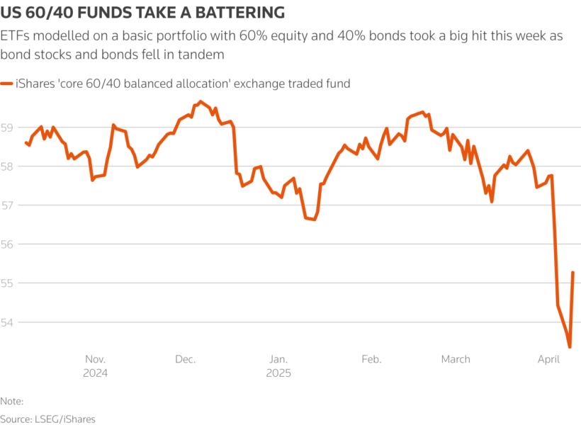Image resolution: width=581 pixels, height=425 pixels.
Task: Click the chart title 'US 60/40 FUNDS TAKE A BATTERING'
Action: [144, 12]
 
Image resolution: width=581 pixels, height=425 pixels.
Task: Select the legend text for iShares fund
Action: [183, 84]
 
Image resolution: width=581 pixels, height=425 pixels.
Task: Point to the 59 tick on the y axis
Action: [8, 127]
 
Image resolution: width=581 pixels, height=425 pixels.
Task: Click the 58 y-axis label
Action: [8, 166]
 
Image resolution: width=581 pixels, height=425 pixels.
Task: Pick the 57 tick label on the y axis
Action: [8, 205]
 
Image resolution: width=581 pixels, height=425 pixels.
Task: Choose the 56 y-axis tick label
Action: [8, 244]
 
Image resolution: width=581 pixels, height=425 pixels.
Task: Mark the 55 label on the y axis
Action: [8, 283]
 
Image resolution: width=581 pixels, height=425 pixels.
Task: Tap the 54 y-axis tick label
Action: [8, 322]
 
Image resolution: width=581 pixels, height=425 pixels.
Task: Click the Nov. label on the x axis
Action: [96, 359]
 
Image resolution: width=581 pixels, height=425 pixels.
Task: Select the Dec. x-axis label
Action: [186, 359]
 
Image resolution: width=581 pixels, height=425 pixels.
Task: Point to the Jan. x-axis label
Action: [278, 359]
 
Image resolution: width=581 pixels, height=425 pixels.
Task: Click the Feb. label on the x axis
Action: [371, 359]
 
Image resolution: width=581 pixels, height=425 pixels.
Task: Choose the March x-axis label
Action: [456, 359]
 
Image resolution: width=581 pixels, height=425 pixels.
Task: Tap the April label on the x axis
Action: [549, 359]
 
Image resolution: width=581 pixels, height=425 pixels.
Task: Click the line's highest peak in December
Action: [201, 101]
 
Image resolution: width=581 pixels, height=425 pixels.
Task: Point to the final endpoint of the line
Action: [572, 273]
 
